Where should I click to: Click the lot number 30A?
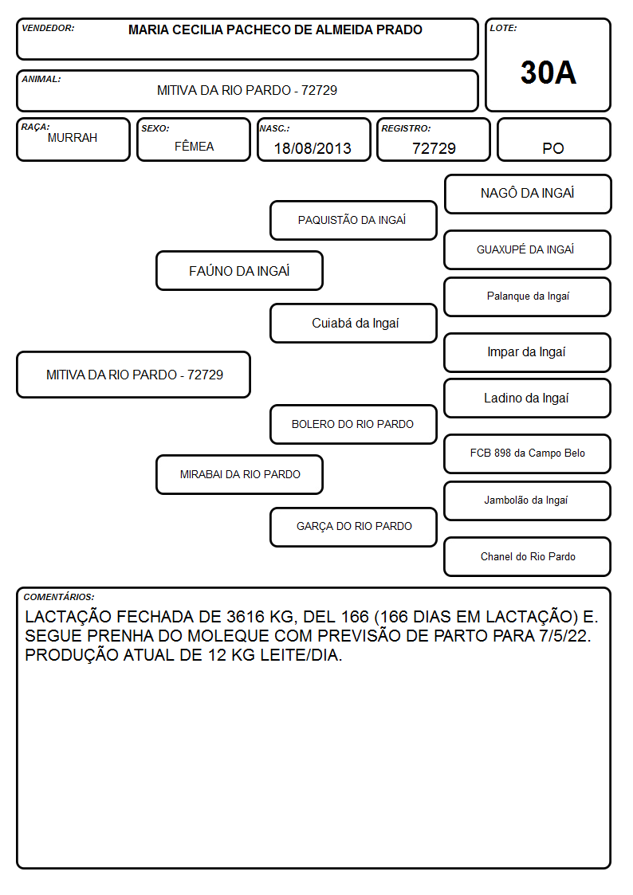pos(548,73)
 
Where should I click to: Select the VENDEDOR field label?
pos(48,28)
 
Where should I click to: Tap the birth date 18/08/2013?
pos(313,148)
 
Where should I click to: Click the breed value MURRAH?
pos(73,138)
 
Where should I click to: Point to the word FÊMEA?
pos(194,146)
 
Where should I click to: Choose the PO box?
pos(553,139)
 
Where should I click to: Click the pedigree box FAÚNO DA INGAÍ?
pos(240,270)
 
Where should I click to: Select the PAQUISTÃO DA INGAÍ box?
pos(353,220)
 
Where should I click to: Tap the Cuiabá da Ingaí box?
pos(353,323)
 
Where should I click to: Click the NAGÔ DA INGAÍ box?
pos(528,194)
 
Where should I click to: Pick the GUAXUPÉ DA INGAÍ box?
pos(528,249)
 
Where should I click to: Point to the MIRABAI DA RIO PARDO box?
pos(240,474)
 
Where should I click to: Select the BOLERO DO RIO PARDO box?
pos(353,424)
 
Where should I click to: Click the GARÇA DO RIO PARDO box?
pos(353,527)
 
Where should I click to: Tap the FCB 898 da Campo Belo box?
pos(528,453)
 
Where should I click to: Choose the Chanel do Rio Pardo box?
pos(528,556)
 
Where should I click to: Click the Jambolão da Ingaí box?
pos(528,500)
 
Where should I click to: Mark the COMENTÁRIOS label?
pos(59,597)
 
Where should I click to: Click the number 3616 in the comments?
pos(246,617)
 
